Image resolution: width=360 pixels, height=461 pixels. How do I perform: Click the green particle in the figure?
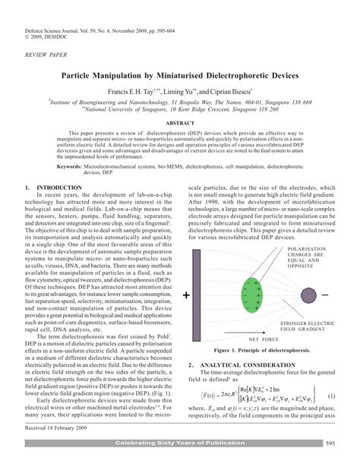coord(258,292)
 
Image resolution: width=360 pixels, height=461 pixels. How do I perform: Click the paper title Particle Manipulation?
coord(180,78)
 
